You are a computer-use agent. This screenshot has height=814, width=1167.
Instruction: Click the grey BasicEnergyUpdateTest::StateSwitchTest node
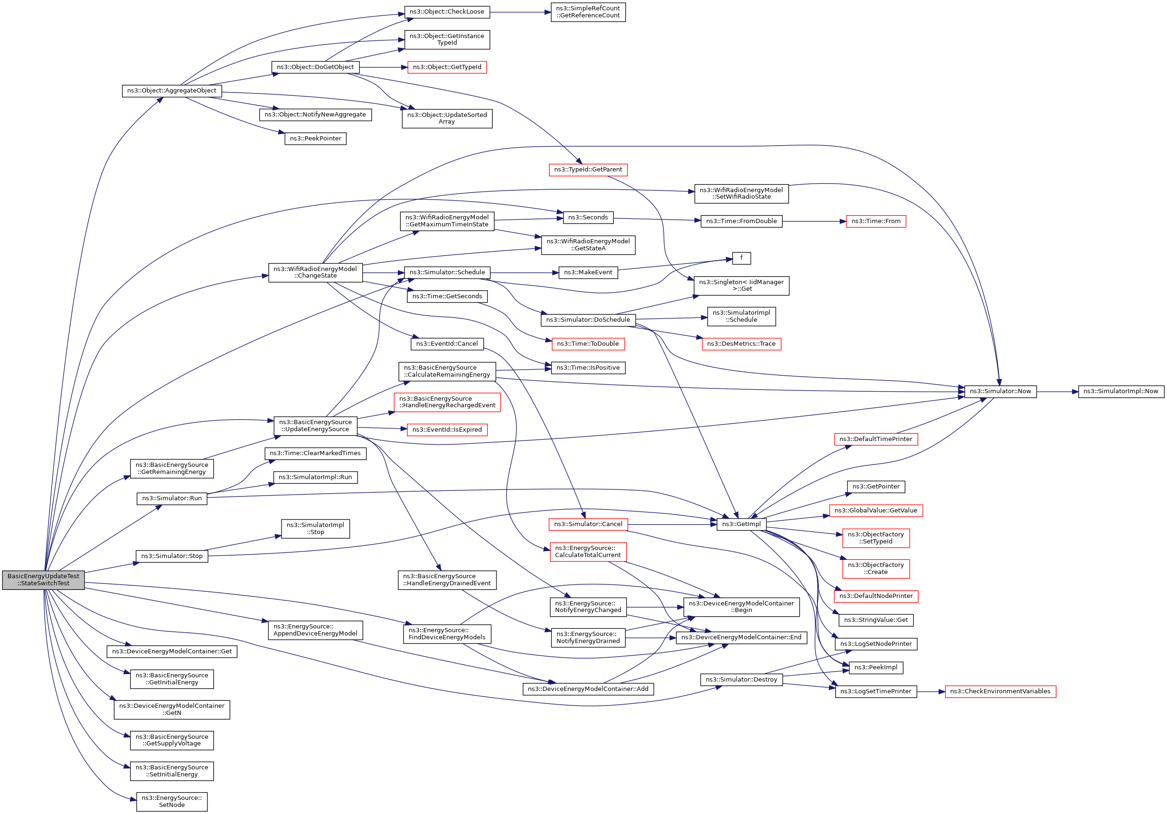[43, 580]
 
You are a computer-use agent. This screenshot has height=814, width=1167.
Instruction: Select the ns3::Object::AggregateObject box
[172, 91]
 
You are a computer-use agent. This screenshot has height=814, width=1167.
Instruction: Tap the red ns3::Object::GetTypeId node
[447, 67]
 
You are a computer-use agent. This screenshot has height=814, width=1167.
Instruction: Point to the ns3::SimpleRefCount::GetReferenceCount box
[588, 12]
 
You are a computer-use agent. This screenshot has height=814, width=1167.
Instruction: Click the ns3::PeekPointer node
[315, 139]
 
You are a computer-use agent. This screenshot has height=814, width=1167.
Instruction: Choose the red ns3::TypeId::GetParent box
[588, 170]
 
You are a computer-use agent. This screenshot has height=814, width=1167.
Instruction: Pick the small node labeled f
[741, 258]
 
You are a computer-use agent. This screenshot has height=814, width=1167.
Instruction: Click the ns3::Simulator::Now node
[1000, 392]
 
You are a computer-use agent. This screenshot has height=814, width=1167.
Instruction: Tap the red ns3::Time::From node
[876, 221]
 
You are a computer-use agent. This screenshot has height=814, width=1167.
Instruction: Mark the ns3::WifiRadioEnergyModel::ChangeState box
[315, 273]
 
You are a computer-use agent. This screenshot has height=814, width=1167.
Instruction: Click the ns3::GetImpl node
[741, 525]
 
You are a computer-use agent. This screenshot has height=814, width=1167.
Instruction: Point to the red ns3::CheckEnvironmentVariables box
[1000, 692]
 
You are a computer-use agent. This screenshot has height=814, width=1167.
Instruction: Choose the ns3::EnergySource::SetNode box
[172, 802]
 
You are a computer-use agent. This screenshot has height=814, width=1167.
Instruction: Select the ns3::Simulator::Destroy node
[741, 680]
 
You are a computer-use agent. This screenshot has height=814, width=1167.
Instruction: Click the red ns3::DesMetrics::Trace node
[741, 344]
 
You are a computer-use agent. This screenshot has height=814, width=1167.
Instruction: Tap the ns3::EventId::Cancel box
[447, 344]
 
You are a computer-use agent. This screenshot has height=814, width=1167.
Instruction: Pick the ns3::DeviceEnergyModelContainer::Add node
[588, 690]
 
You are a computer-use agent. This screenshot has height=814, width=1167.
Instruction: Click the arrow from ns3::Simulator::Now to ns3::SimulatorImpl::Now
[1058, 392]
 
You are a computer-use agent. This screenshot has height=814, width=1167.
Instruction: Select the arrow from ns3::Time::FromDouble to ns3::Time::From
[814, 221]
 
